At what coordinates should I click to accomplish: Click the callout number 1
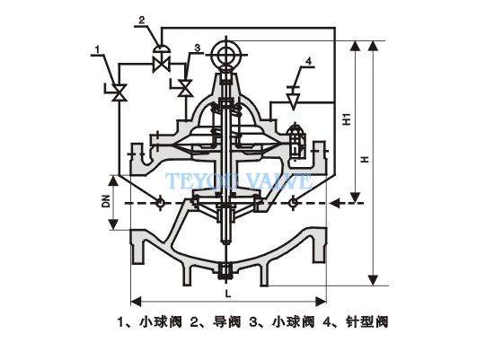pos(97,48)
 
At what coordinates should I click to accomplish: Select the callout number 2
pos(142,20)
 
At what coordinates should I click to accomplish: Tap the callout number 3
pos(198,48)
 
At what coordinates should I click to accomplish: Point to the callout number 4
pos(308,61)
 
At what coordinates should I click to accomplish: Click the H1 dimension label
pos(347,119)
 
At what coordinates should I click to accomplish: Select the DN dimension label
pos(106,202)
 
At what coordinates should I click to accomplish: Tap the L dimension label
pos(228,294)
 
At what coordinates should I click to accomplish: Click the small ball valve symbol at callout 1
pos(119,92)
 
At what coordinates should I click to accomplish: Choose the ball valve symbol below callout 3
pos(185,88)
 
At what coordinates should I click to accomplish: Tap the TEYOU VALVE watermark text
pos(239,181)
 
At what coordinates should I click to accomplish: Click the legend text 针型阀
pos(367,322)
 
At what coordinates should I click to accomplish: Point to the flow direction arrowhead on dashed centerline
pos(335,203)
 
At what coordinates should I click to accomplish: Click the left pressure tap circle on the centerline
pos(160,203)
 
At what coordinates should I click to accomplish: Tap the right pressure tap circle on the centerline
pos(294,202)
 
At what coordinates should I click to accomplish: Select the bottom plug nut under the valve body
pos(225,270)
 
